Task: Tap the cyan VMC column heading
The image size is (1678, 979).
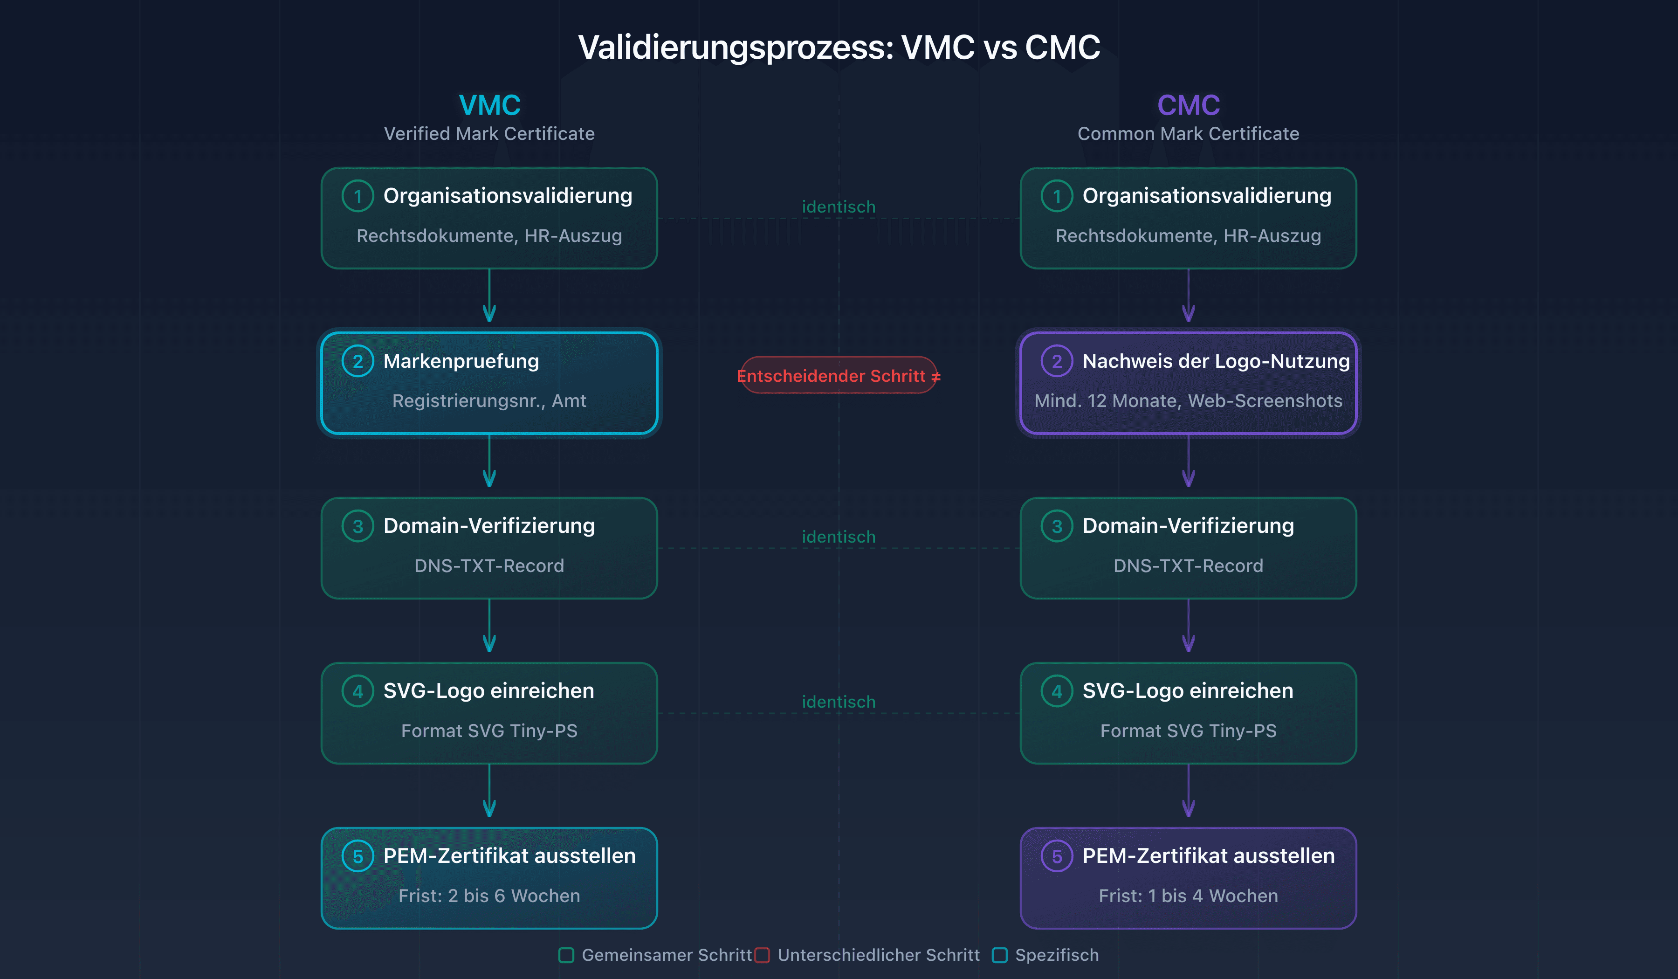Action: coord(489,105)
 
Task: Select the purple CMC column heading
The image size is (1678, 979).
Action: coord(1188,105)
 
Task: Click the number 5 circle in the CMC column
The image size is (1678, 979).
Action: coord(1057,856)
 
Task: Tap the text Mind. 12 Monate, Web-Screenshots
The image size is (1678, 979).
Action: coord(1188,401)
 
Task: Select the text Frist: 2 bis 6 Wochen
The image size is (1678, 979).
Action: coord(489,896)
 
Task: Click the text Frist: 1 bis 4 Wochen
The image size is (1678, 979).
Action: coord(1188,896)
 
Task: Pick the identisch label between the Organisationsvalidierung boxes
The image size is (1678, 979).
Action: coord(839,207)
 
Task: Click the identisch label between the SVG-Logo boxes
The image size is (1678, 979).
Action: coord(839,702)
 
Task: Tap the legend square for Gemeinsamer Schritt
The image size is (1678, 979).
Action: coord(566,955)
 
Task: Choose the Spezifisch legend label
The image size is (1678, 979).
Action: coord(1057,955)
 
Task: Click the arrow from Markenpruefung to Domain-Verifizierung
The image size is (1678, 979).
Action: coord(489,461)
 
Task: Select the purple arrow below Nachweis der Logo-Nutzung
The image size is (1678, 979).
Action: coord(1188,461)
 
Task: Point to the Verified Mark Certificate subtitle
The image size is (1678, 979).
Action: coord(489,134)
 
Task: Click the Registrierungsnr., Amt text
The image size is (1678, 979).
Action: coord(489,401)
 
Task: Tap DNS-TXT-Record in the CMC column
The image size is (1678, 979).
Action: coord(1188,566)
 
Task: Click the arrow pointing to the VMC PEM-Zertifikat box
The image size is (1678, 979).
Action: coord(489,791)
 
